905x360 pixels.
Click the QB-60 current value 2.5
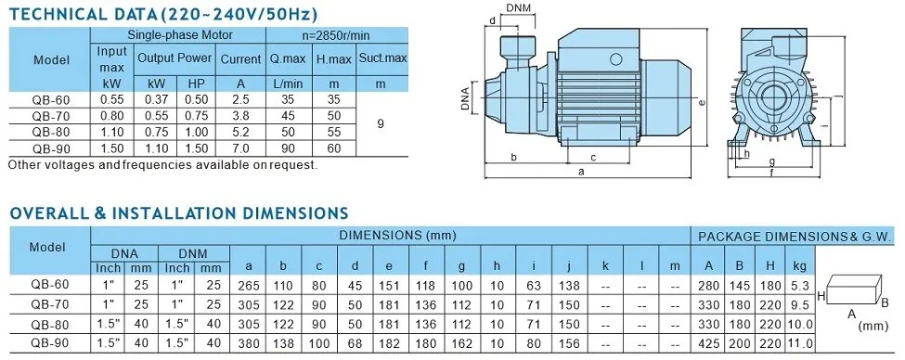pyautogui.click(x=240, y=99)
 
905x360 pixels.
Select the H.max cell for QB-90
pyautogui.click(x=334, y=148)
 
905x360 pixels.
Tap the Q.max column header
pyautogui.click(x=288, y=58)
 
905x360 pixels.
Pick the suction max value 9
pyautogui.click(x=380, y=123)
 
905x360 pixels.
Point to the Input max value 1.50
pyautogui.click(x=112, y=148)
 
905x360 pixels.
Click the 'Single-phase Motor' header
pyautogui.click(x=180, y=35)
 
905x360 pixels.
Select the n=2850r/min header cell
pyautogui.click(x=336, y=35)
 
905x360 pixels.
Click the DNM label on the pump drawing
pyautogui.click(x=518, y=7)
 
